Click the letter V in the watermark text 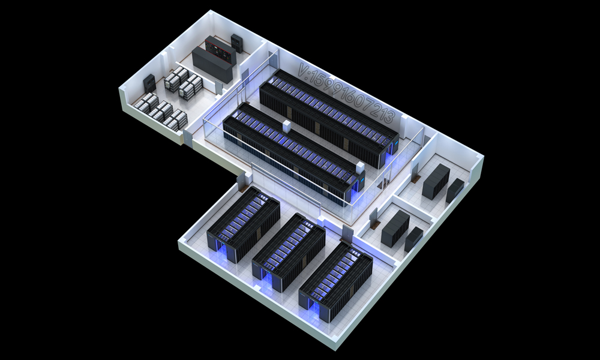coord(304,70)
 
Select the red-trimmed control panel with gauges coord(220,50)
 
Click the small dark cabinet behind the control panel coord(237,43)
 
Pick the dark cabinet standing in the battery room coord(149,83)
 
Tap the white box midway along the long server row coord(287,127)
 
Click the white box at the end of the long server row coord(360,167)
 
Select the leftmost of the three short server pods coord(244,223)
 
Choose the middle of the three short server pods coord(289,252)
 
